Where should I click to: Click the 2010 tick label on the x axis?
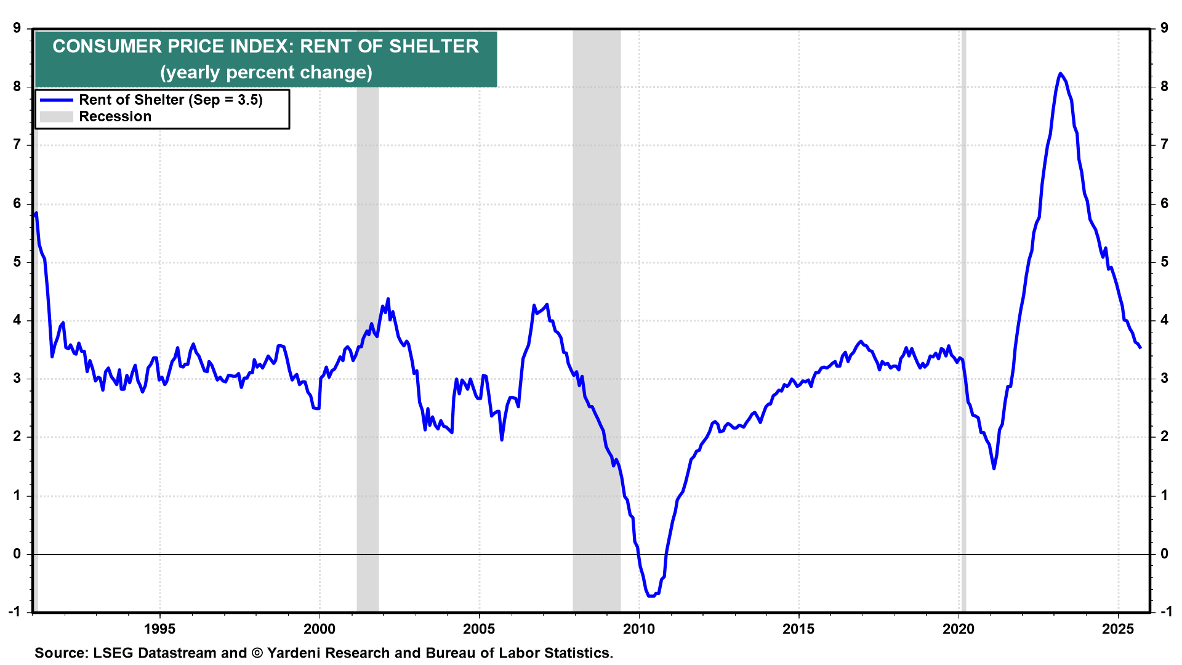638,629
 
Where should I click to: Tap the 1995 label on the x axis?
159,629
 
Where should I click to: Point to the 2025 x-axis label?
1118,629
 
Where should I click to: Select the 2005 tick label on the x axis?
479,629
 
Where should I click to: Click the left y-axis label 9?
17,28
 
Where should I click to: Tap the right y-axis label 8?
1164,86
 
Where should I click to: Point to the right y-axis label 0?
1164,554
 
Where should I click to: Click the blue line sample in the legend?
56,100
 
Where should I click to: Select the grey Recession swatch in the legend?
56,116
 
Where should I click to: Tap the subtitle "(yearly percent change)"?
266,73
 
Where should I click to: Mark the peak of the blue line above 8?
1060,73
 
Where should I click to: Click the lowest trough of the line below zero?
651,596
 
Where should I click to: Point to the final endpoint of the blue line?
1140,348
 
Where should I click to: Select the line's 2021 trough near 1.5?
994,469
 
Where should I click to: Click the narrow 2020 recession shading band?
963,308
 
